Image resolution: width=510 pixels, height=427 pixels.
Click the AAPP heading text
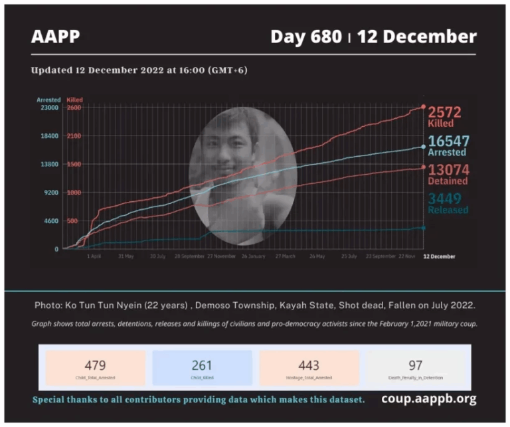pyautogui.click(x=56, y=37)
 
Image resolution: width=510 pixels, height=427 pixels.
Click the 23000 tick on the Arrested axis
pyautogui.click(x=50, y=108)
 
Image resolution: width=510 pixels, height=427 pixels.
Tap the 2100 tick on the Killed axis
pyautogui.click(x=74, y=136)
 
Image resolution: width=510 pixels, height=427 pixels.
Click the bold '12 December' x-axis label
pyautogui.click(x=439, y=256)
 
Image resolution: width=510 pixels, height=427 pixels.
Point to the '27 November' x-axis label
pyautogui.click(x=221, y=256)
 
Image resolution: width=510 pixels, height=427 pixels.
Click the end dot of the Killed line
pyautogui.click(x=424, y=107)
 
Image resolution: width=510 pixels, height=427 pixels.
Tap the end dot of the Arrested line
pyautogui.click(x=424, y=147)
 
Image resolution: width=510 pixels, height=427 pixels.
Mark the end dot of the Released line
pyautogui.click(x=424, y=228)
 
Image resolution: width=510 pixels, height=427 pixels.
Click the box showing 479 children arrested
pyautogui.click(x=96, y=368)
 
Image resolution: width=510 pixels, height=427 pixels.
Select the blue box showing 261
pyautogui.click(x=203, y=368)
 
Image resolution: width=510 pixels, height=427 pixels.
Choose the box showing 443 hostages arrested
pyautogui.click(x=309, y=368)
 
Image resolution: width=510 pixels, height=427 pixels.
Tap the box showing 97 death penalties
pyautogui.click(x=416, y=368)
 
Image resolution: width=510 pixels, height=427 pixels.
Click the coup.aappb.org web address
pyautogui.click(x=428, y=399)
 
